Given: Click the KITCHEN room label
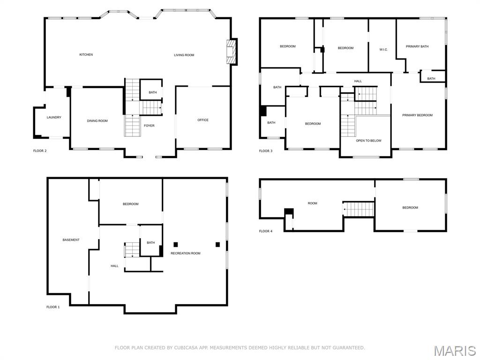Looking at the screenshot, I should (x=86, y=55).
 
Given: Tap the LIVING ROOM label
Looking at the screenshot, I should (x=184, y=55).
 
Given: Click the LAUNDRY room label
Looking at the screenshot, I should (x=54, y=118).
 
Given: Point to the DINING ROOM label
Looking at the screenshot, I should (x=97, y=121).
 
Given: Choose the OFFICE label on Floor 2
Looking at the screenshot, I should (x=203, y=120).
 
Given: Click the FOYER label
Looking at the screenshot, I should (x=149, y=126).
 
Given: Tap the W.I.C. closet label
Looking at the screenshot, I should (x=383, y=50).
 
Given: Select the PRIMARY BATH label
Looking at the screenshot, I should (x=417, y=46).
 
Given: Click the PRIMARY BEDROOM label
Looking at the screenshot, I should (x=417, y=115).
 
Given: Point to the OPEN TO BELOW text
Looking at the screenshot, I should (x=368, y=141).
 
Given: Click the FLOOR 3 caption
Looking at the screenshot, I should (x=265, y=151).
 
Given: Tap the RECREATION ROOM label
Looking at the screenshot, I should (x=185, y=254).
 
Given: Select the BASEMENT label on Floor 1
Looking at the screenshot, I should (x=71, y=240).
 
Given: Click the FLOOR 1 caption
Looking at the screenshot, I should (x=53, y=307).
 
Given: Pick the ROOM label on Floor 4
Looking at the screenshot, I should (x=312, y=203).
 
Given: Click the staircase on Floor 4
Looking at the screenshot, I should (x=359, y=209).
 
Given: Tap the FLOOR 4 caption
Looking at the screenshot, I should (x=265, y=231).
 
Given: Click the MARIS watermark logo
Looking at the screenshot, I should (x=454, y=351).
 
